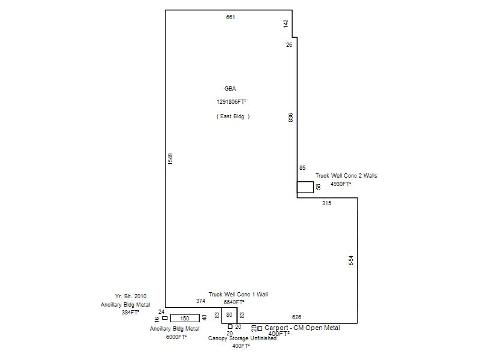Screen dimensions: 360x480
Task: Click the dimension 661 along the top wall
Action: [230, 17]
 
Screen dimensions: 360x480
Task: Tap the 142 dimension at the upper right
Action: [286, 23]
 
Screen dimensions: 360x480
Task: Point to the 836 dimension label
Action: [291, 118]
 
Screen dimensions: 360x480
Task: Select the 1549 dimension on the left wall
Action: [170, 159]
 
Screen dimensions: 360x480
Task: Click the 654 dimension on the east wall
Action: [352, 260]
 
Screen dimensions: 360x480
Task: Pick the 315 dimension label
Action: [326, 203]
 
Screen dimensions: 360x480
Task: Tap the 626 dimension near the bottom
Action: [296, 317]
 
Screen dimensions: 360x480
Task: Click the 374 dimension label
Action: [200, 301]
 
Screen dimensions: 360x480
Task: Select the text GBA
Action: [230, 89]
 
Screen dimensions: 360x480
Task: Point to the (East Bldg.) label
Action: [233, 116]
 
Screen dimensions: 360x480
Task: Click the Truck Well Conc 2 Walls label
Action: [346, 176]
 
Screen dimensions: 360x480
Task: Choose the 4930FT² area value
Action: [341, 184]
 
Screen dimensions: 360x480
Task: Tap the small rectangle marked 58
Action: [305, 187]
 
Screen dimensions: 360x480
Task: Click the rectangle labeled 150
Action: [185, 318]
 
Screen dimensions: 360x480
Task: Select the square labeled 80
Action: [229, 315]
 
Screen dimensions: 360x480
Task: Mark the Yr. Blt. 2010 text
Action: [131, 296]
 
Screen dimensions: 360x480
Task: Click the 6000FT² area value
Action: [176, 337]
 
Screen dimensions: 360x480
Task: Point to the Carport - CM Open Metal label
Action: [302, 328]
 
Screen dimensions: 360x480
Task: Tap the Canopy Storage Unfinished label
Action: [242, 338]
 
